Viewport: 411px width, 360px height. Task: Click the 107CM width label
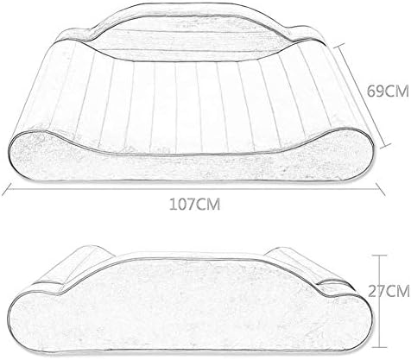pyautogui.click(x=194, y=205)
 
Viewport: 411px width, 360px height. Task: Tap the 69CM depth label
pyautogui.click(x=388, y=92)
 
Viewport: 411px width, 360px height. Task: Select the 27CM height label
pyautogui.click(x=389, y=292)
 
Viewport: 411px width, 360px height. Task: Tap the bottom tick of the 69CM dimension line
pyautogui.click(x=385, y=145)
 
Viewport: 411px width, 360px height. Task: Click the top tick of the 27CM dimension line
pyautogui.click(x=379, y=256)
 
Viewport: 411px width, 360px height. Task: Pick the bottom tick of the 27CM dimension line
pyautogui.click(x=379, y=347)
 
